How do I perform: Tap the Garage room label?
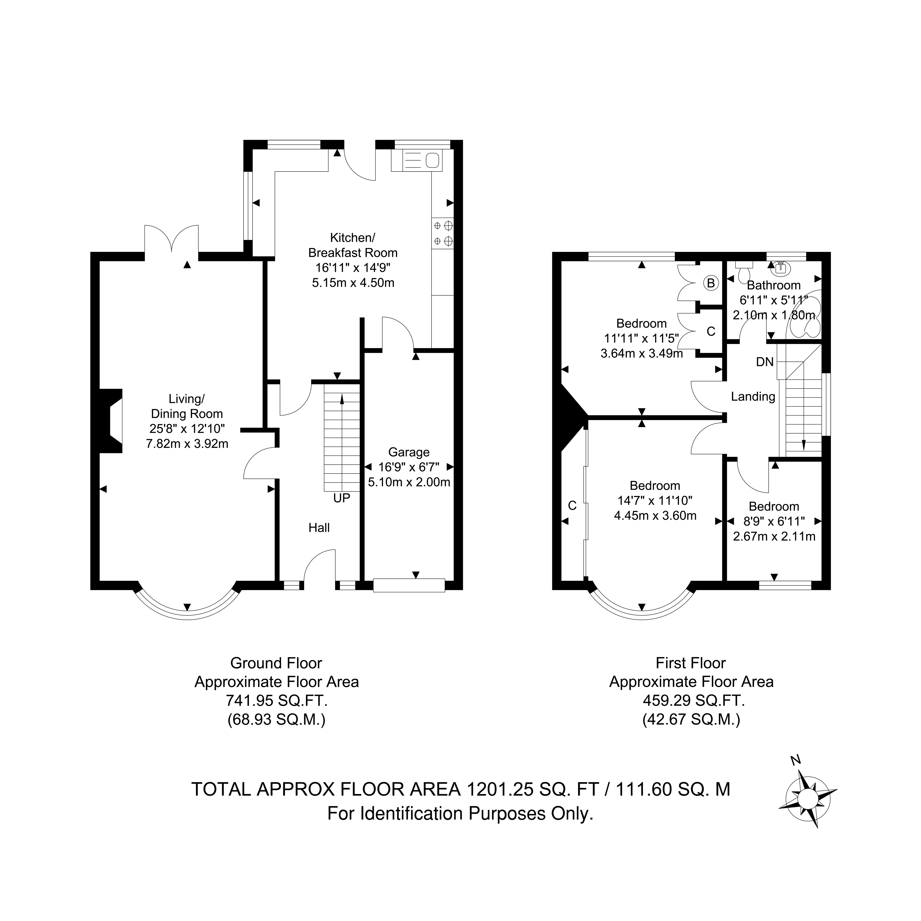coord(409,452)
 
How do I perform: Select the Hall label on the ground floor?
coord(319,528)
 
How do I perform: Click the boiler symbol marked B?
coord(711,283)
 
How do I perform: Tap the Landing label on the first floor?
coord(753,397)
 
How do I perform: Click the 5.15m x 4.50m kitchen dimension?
coord(353,283)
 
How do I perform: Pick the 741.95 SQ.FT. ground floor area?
coord(276,701)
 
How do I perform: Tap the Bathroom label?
coord(774,286)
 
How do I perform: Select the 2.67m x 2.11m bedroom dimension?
coord(774,536)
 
